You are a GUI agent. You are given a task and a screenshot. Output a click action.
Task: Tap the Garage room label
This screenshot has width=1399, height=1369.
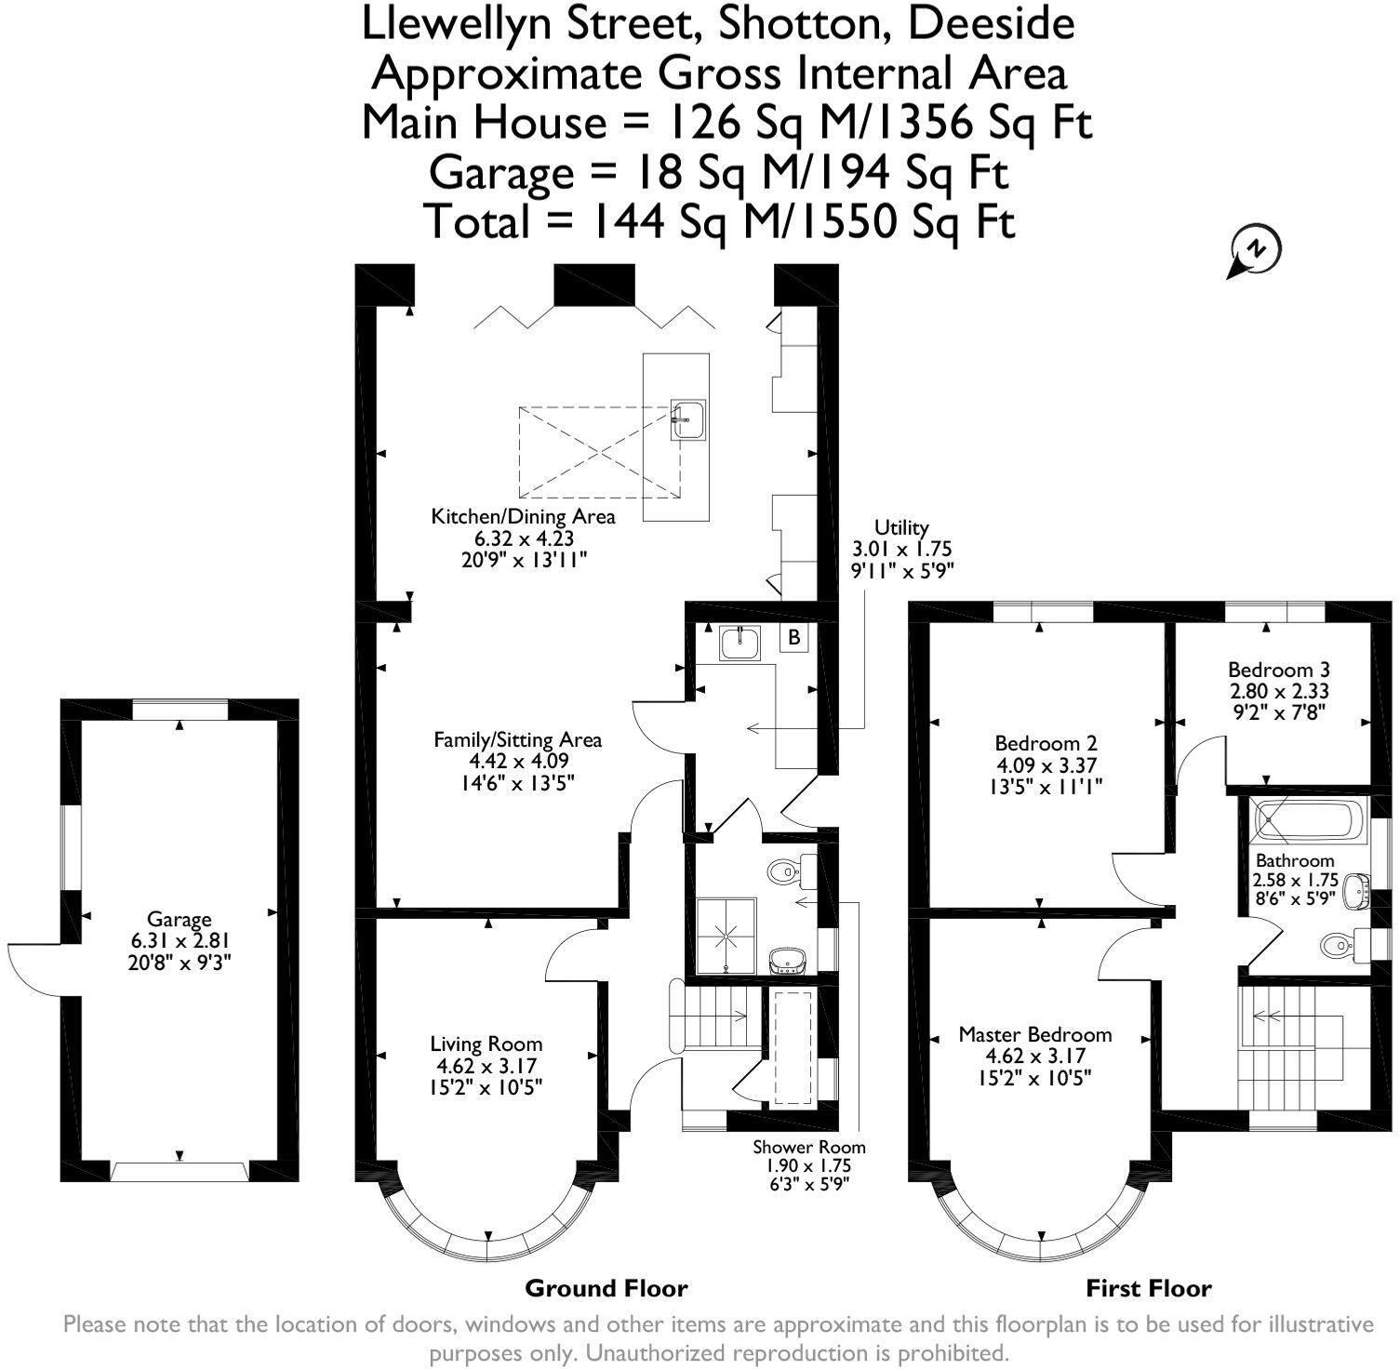(x=179, y=920)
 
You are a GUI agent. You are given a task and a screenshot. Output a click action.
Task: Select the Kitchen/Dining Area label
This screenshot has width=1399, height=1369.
(x=523, y=516)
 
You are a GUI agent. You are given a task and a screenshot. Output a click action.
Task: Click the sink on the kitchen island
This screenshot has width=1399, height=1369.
(x=688, y=419)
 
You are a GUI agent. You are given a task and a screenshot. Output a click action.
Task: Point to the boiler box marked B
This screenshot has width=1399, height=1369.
(x=793, y=638)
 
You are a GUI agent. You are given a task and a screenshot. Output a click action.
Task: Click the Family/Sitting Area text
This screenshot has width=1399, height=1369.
(x=517, y=740)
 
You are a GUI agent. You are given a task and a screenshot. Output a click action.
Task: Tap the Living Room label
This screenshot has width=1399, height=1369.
(x=486, y=1044)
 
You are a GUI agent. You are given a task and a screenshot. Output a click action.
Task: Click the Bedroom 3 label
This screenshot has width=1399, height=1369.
(x=1278, y=670)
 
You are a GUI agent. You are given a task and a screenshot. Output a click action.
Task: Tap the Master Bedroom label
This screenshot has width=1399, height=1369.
(x=1034, y=1035)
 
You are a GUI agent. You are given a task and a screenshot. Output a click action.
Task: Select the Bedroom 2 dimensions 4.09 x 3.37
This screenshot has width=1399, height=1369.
(x=1046, y=765)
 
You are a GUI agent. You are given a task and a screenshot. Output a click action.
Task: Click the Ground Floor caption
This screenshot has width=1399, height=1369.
(x=606, y=1288)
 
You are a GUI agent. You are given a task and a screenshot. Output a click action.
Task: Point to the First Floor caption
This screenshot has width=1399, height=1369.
(x=1148, y=1288)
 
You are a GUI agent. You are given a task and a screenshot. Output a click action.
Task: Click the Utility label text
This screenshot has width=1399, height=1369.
(x=901, y=528)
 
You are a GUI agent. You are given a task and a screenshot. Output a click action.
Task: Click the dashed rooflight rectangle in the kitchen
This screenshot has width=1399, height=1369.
(x=600, y=452)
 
